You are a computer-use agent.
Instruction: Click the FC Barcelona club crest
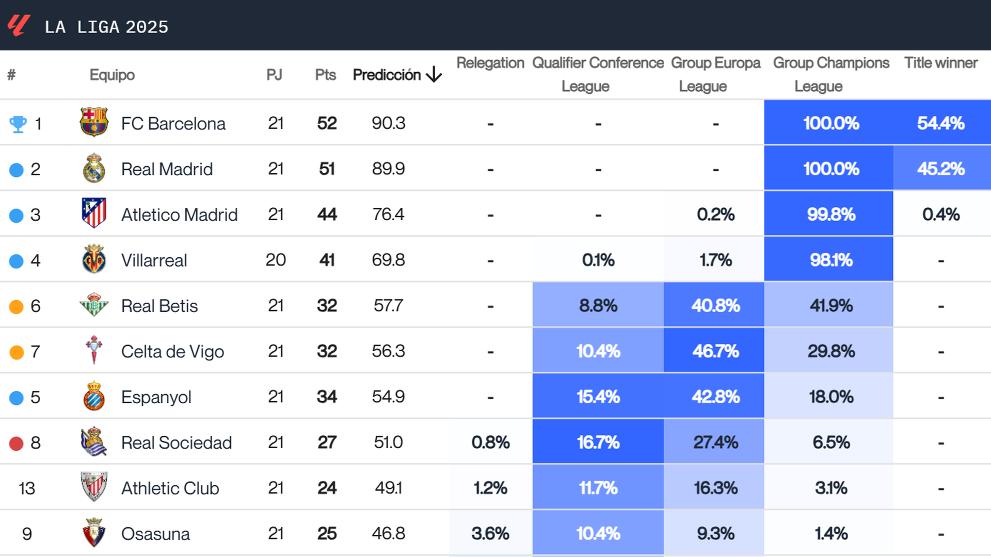click(x=94, y=122)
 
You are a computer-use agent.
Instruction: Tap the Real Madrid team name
click(x=167, y=169)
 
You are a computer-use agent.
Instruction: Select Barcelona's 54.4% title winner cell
click(x=940, y=123)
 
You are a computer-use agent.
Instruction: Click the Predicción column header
click(x=387, y=75)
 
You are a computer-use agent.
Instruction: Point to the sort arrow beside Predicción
click(x=434, y=75)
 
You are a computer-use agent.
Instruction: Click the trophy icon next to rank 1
click(x=18, y=124)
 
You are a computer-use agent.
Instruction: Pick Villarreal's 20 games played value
click(x=276, y=260)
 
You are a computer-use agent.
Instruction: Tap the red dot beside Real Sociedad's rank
click(x=17, y=443)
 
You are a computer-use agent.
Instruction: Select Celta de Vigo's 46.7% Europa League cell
click(x=715, y=351)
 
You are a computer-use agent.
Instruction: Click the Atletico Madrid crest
click(x=94, y=213)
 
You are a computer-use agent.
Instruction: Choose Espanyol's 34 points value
click(x=327, y=397)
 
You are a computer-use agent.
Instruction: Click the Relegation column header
click(x=490, y=63)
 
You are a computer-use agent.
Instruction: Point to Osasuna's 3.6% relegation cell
click(x=490, y=533)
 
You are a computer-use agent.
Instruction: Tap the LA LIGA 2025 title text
click(x=106, y=27)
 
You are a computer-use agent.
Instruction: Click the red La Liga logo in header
click(x=19, y=25)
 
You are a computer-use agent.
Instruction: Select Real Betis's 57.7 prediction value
click(x=388, y=306)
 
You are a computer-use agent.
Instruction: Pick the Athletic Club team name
click(x=170, y=488)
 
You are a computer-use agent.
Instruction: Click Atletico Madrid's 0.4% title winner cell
click(x=940, y=215)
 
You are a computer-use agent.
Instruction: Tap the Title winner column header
click(x=940, y=63)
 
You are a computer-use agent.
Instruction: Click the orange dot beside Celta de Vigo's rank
click(x=17, y=352)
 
